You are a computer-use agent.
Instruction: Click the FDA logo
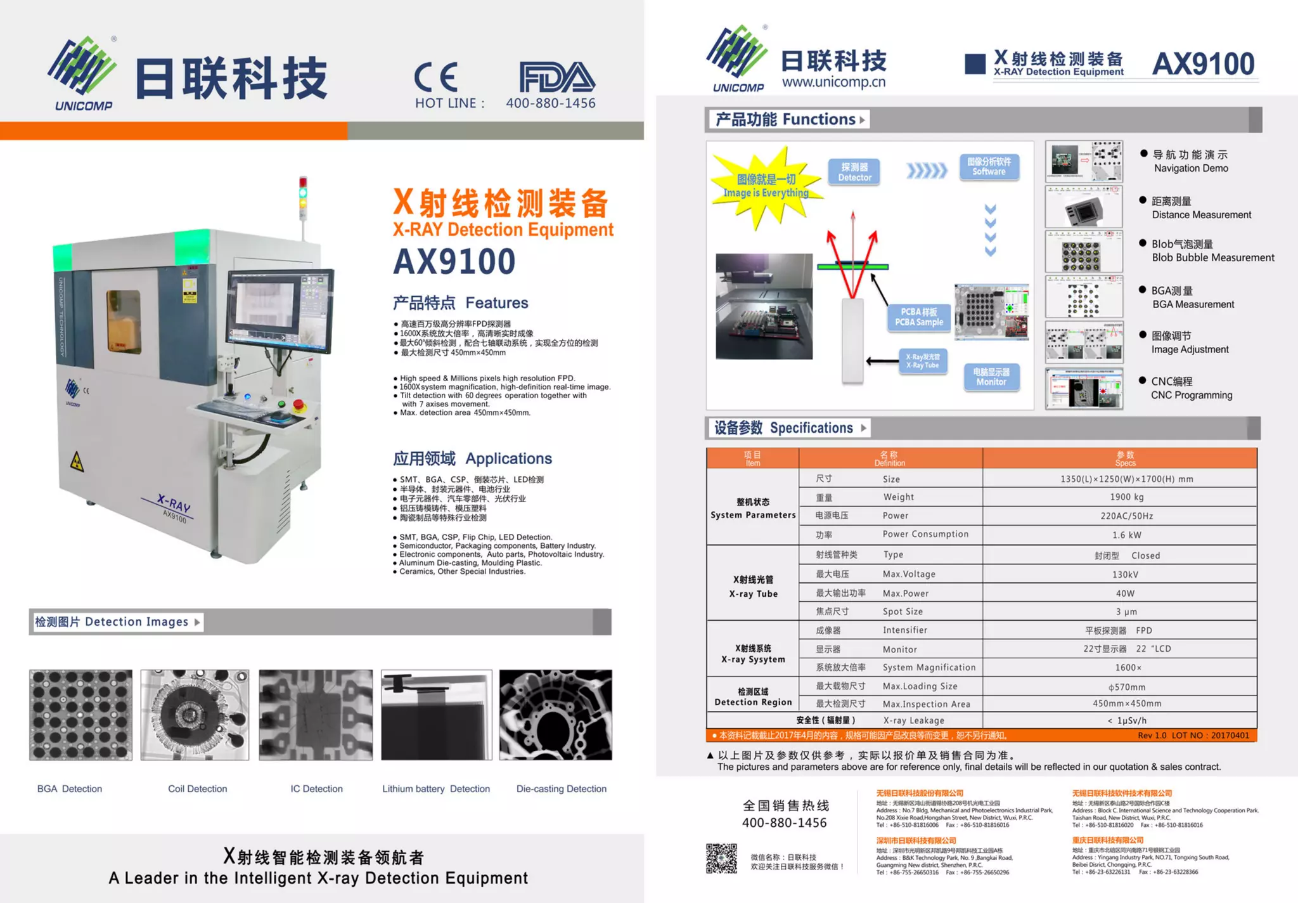pyautogui.click(x=556, y=77)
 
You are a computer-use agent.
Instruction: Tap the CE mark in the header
pyautogui.click(x=436, y=77)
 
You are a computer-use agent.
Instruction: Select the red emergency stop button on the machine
pyautogui.click(x=299, y=405)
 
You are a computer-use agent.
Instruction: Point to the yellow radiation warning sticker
pyautogui.click(x=77, y=462)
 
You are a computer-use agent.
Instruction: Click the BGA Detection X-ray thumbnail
pyautogui.click(x=81, y=715)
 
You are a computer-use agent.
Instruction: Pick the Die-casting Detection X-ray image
pyautogui.click(x=556, y=715)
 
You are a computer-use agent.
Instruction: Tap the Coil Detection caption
pyautogui.click(x=197, y=789)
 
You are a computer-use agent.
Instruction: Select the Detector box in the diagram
pyautogui.click(x=854, y=172)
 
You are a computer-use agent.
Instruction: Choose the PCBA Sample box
pyautogui.click(x=919, y=317)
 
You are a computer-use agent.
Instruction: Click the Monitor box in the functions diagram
pyautogui.click(x=991, y=377)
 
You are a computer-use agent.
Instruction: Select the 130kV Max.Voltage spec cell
pyautogui.click(x=1125, y=575)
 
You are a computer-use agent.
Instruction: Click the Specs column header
pyautogui.click(x=1125, y=458)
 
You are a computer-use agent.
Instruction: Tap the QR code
pyautogui.click(x=721, y=859)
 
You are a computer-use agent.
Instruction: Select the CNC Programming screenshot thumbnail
pyautogui.click(x=1084, y=389)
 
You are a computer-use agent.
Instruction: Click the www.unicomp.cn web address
pyautogui.click(x=833, y=82)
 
